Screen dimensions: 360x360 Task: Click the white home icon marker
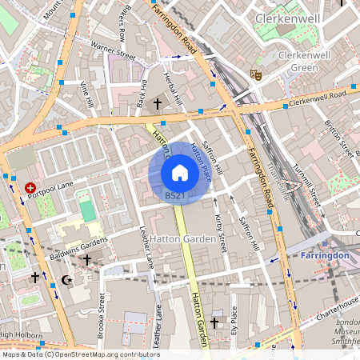179,172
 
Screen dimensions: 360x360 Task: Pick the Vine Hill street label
86,94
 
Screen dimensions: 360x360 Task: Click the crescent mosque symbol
66,280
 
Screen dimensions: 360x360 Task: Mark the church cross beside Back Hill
158,103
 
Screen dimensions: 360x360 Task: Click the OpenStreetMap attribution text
80,354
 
